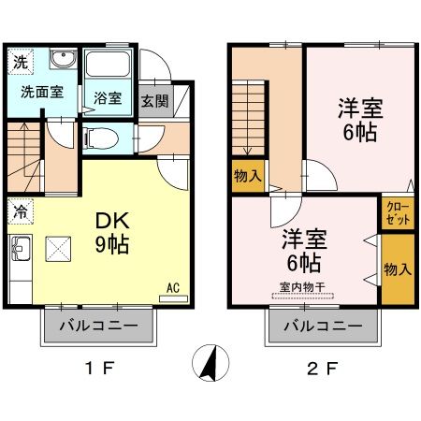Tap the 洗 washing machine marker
tap(21, 63)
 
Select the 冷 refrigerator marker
tap(20, 211)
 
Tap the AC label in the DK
tap(172, 287)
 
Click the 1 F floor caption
tap(100, 369)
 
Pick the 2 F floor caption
tap(322, 369)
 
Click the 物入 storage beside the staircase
tap(248, 175)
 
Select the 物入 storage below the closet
tap(397, 269)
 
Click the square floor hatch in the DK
tap(60, 250)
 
